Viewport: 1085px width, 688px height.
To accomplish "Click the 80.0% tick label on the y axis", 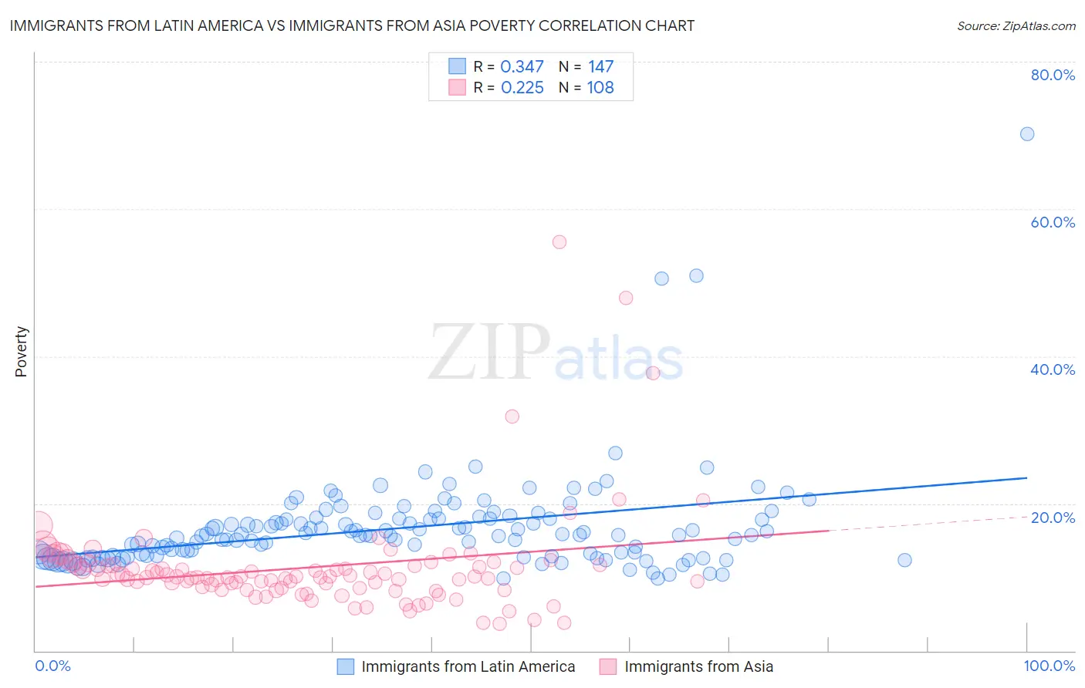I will click(1053, 75).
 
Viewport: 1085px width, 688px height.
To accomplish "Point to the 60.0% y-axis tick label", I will click(1053, 222).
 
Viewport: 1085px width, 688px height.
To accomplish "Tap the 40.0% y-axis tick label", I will click(1053, 369).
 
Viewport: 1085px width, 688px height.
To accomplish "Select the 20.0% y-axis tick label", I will click(1053, 517).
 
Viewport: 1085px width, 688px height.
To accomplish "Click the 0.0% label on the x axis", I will click(52, 666).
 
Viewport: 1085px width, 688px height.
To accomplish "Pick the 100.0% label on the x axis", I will click(1049, 666).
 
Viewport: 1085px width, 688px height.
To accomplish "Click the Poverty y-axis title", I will click(21, 352).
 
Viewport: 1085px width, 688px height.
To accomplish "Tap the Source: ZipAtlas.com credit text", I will click(1016, 26).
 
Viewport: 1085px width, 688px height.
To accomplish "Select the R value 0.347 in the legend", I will click(522, 67).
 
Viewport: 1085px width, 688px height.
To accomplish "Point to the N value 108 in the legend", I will click(600, 88).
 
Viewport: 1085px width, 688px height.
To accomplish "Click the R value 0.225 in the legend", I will click(522, 88).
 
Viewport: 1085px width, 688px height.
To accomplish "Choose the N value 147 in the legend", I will click(600, 67).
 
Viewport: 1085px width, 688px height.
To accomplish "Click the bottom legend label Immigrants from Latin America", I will click(468, 666).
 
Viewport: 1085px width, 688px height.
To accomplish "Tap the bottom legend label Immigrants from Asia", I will click(698, 666).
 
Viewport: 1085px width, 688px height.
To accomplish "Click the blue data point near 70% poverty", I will click(1027, 134).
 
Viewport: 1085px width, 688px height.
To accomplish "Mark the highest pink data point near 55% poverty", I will click(559, 242).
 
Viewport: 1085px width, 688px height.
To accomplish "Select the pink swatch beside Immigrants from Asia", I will click(608, 666).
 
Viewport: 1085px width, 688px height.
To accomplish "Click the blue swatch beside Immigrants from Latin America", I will click(346, 666).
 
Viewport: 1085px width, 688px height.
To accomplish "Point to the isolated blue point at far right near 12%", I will click(904, 560).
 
